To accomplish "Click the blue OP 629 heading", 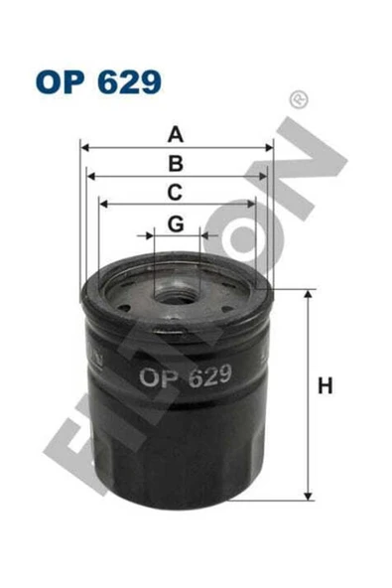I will [x=96, y=80].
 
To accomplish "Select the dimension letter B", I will [x=176, y=164].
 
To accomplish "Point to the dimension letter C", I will [x=175, y=192].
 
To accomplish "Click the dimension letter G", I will [x=176, y=224].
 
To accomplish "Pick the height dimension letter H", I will [x=324, y=387].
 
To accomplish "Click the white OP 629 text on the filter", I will [x=186, y=376].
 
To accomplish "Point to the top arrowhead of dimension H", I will [x=309, y=293].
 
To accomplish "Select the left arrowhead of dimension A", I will [x=84, y=147].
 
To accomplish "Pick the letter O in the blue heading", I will [x=49, y=80].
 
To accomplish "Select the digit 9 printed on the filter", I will [x=223, y=375].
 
